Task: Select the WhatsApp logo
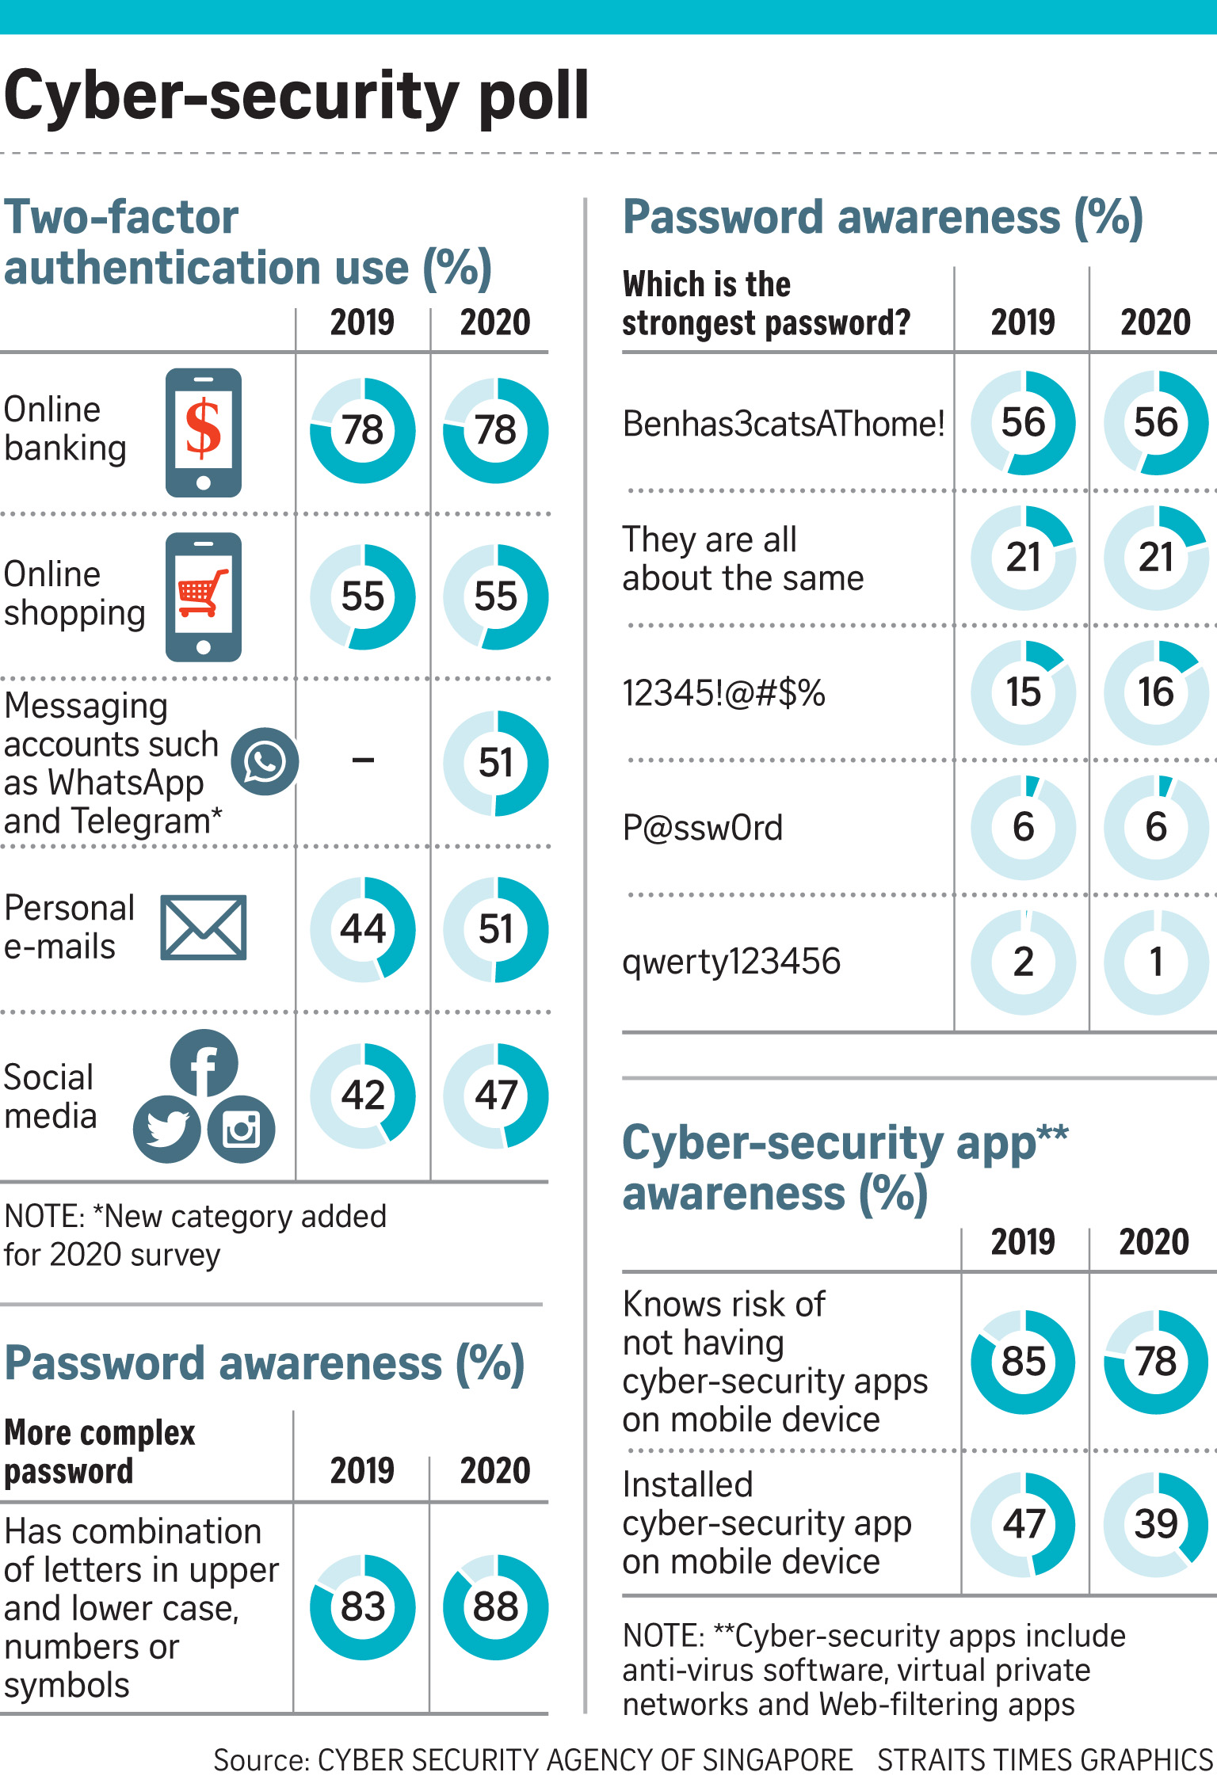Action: pos(265,762)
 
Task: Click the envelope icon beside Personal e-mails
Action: pos(204,928)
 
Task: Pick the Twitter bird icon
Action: pos(166,1130)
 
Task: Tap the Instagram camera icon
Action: pos(242,1130)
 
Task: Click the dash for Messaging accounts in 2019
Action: pos(363,761)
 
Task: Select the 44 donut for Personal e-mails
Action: pos(363,929)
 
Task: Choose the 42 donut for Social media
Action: pos(363,1096)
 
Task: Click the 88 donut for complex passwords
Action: pos(495,1607)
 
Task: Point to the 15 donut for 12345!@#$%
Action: pos(1024,692)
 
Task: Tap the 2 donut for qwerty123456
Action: pos(1024,962)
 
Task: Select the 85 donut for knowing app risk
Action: pos(1024,1362)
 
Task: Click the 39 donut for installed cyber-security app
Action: pos(1156,1524)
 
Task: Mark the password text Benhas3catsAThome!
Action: pos(784,424)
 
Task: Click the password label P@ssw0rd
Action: pos(703,828)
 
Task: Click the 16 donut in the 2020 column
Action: pos(1156,692)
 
